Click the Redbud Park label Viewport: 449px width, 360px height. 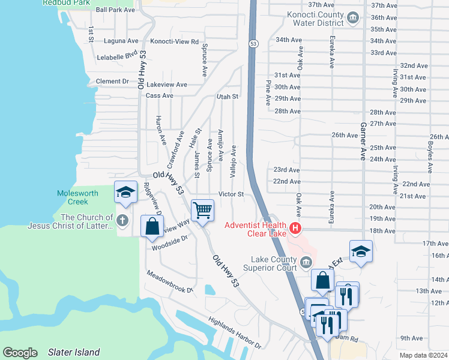click(x=66, y=3)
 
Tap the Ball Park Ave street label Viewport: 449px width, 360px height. click(x=115, y=10)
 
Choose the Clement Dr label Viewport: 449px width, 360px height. click(x=112, y=81)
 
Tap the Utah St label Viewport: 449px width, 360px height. click(x=228, y=96)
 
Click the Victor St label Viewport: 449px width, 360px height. click(x=231, y=194)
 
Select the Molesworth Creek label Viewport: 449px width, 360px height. click(x=77, y=197)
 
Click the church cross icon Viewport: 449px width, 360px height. click(x=122, y=220)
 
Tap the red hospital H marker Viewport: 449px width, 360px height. click(x=295, y=228)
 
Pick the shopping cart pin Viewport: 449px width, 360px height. click(x=202, y=210)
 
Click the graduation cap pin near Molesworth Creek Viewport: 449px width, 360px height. click(x=125, y=193)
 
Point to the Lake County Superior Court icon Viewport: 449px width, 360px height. click(x=306, y=262)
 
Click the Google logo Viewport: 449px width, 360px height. click(x=20, y=353)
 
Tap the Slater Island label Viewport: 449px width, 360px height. click(x=74, y=352)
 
